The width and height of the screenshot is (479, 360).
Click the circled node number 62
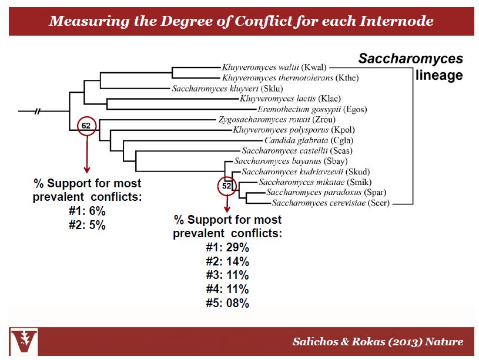coord(86,126)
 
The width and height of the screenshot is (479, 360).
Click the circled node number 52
coord(227,186)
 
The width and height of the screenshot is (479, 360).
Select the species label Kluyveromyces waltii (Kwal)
coord(274,67)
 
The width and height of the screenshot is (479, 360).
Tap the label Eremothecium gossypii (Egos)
coord(312,109)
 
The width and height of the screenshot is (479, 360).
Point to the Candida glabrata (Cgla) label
coord(309,140)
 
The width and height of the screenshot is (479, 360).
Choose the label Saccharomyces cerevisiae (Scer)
coord(330,203)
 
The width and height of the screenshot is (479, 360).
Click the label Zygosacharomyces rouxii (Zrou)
coord(277,120)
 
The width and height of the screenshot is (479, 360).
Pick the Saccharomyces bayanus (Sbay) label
coord(291,161)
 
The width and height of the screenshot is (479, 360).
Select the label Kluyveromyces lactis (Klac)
coord(290,99)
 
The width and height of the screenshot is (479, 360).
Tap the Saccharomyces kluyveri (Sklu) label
coord(227,89)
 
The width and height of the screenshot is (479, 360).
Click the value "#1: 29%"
coord(227,247)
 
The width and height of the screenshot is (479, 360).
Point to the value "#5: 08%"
coord(227,303)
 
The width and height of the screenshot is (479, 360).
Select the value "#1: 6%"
coord(87,211)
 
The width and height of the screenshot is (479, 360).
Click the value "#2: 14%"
coord(227,261)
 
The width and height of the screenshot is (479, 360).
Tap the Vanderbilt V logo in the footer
coord(24,342)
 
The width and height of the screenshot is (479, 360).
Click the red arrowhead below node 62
coord(87,170)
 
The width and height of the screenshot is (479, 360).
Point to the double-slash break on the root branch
coord(37,111)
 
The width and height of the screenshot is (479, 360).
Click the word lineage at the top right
coord(439,75)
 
